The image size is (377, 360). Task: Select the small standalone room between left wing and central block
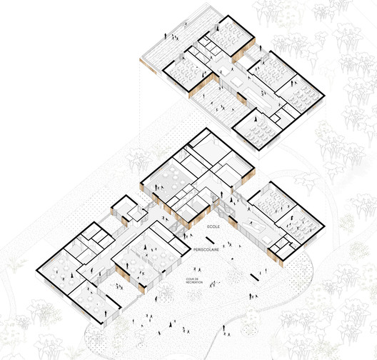pos(124,209)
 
